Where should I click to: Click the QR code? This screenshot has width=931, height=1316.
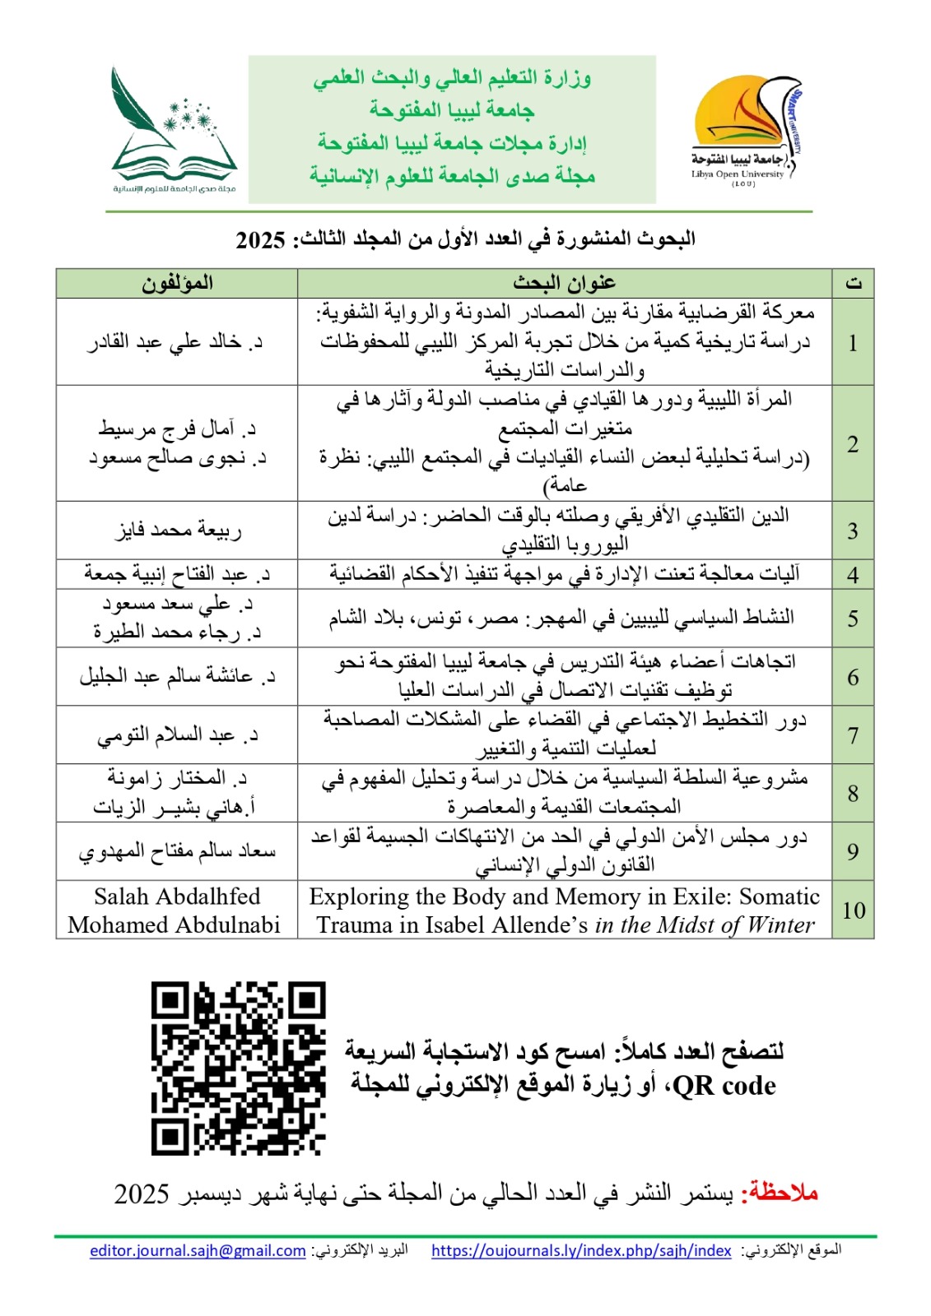point(239,1068)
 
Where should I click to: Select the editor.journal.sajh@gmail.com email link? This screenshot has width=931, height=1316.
point(198,1250)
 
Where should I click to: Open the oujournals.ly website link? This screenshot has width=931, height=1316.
point(581,1250)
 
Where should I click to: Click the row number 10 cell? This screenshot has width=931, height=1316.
point(853,910)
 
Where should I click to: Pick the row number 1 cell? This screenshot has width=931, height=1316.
point(853,342)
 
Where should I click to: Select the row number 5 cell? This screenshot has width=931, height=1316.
point(853,619)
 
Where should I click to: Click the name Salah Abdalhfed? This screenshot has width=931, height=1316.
point(177,896)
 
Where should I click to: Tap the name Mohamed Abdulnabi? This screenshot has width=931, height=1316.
point(175,924)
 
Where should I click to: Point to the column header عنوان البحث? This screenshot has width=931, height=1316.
point(565,283)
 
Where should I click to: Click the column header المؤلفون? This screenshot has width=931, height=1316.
point(177,283)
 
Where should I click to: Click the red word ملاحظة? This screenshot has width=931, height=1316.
point(779,1193)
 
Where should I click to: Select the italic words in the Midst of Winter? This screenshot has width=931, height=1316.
point(705,924)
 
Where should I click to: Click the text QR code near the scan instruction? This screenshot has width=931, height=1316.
point(724,1085)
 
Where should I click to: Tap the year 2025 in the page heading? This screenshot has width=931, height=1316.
point(260,240)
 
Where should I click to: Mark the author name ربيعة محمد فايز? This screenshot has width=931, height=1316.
point(178,531)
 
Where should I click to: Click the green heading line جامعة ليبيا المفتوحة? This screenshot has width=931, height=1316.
point(452,109)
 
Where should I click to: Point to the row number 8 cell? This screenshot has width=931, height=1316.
point(853,793)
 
